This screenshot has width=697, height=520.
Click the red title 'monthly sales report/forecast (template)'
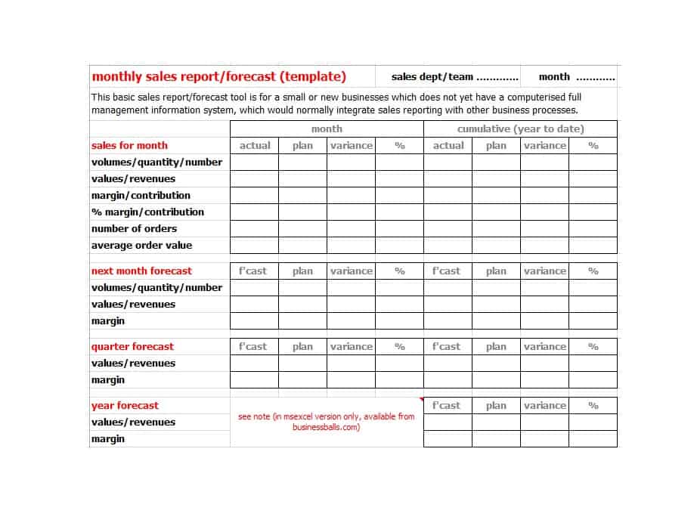(218, 76)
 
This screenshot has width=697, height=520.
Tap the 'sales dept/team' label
(432, 77)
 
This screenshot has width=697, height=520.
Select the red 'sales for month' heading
(129, 146)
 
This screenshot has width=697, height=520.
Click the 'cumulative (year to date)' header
(520, 129)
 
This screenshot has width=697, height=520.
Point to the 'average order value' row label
(141, 246)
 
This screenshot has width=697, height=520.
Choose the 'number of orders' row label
(134, 229)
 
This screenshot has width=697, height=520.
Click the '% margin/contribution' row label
(147, 212)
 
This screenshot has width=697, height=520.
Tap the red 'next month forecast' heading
(141, 271)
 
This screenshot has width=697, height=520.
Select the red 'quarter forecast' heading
(132, 347)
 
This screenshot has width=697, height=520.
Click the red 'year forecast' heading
(125, 406)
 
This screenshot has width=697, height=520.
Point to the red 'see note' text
(326, 422)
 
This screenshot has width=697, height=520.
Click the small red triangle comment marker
(420, 400)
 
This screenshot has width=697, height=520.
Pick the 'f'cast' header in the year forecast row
(447, 406)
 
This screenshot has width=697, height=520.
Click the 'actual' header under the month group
(255, 146)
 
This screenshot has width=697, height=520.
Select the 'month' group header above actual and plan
(327, 129)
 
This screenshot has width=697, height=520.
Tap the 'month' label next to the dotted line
(554, 77)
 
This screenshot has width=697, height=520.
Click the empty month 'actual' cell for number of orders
(254, 229)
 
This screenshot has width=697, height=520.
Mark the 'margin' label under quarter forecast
(107, 380)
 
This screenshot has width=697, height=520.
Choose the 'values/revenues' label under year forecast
(133, 422)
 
